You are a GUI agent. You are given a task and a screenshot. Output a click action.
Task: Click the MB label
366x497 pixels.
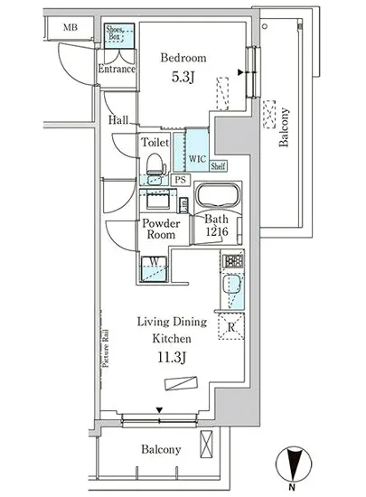tap(70, 28)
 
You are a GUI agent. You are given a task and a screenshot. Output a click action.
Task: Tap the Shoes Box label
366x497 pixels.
tap(115, 33)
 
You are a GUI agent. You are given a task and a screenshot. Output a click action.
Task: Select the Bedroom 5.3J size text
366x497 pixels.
tap(183, 77)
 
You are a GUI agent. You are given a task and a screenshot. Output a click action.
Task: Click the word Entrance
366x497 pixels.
tap(117, 69)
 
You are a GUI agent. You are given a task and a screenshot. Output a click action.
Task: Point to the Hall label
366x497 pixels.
tap(118, 120)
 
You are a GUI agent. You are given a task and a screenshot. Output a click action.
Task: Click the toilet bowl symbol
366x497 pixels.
tap(156, 164)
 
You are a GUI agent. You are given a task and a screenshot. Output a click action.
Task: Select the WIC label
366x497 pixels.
tap(197, 158)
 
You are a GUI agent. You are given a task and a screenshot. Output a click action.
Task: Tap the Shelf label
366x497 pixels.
tap(218, 165)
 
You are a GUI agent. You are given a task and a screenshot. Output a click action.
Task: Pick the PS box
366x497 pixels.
tap(181, 180)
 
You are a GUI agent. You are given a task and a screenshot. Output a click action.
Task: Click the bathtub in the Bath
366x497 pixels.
tap(218, 195)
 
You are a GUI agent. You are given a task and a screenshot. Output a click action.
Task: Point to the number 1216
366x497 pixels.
tap(217, 231)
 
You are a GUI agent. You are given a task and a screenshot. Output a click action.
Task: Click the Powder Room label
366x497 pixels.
tap(161, 229)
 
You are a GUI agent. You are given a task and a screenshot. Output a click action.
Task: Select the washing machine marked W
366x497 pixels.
tap(154, 268)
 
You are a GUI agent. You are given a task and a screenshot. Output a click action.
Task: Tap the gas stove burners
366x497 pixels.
tap(233, 261)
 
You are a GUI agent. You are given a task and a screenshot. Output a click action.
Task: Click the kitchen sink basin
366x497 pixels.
tap(231, 285)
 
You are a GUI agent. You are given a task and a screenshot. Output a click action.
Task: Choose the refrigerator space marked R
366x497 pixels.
tap(231, 326)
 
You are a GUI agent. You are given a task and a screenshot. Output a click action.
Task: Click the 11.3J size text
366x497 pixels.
tap(172, 358)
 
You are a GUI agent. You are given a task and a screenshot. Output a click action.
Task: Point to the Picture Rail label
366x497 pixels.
tap(106, 349)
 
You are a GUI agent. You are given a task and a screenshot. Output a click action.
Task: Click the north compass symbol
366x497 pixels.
tap(294, 465)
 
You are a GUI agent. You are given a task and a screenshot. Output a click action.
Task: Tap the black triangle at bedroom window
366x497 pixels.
tap(240, 72)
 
